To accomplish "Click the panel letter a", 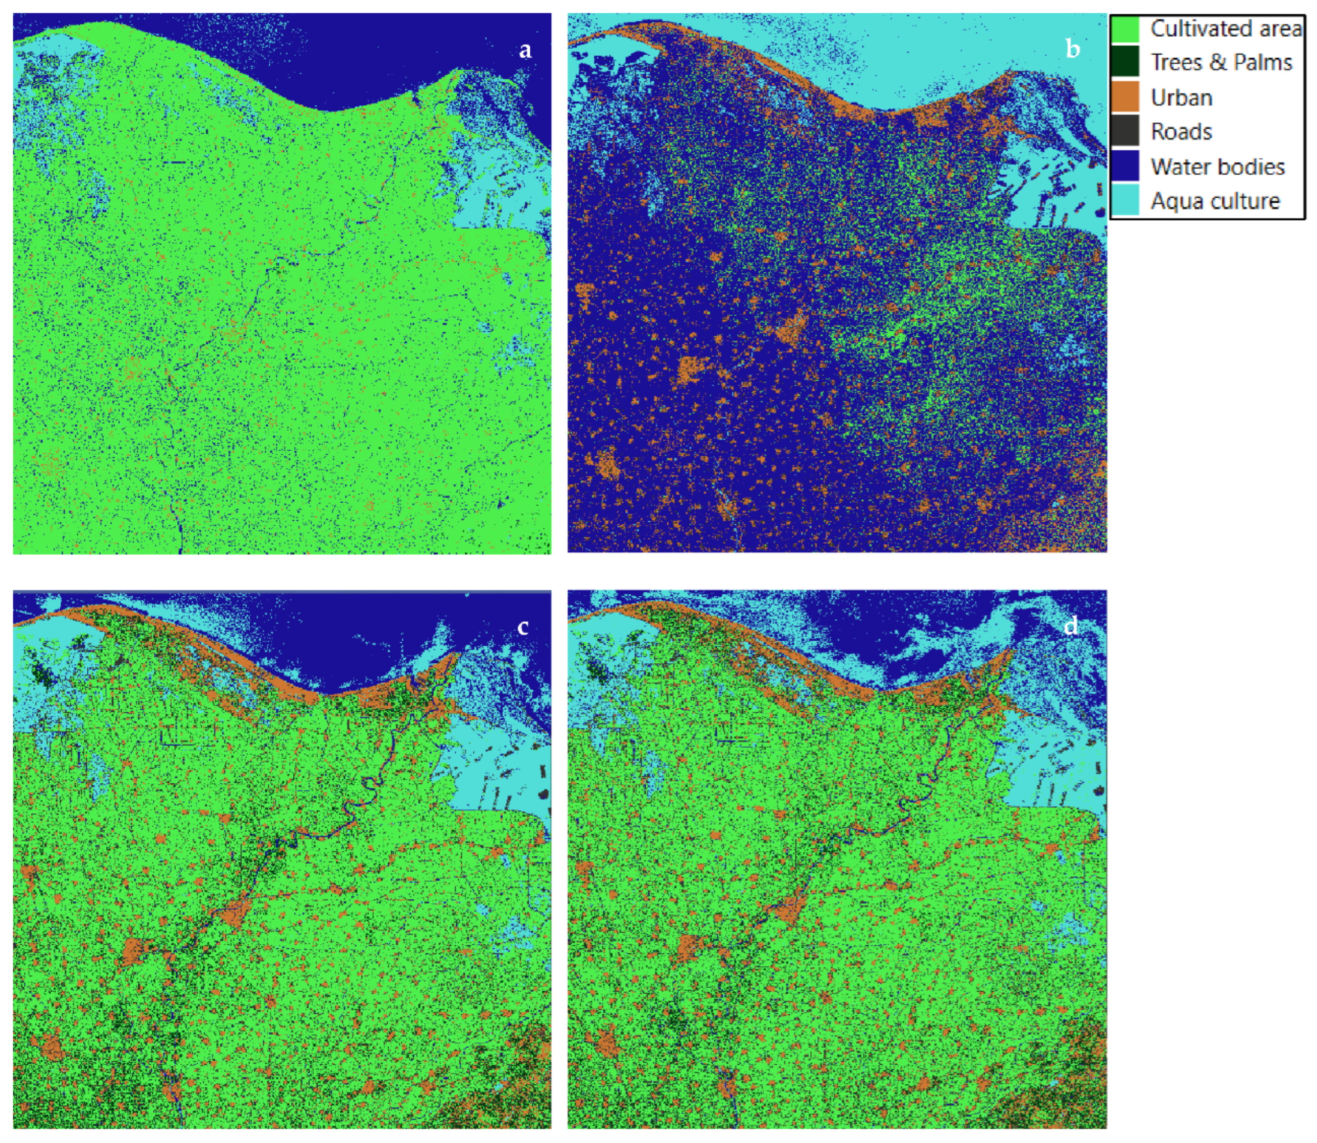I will click(525, 50).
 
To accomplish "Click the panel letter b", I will click(1073, 49).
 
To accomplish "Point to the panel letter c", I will click(523, 627).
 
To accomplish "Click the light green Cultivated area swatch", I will click(1125, 29).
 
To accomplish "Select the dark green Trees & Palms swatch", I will click(1125, 62).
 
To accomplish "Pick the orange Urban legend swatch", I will click(1125, 97).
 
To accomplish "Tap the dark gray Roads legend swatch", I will click(1125, 131).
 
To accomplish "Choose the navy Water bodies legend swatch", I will click(1125, 166).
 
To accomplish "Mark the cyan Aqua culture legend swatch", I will click(1125, 200).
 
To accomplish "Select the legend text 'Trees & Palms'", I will click(1220, 62).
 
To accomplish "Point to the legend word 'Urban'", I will click(1181, 98).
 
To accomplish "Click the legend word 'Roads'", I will click(1181, 132).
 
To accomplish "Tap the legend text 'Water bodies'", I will click(1217, 167).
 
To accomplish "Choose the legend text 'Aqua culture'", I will click(1215, 201).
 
